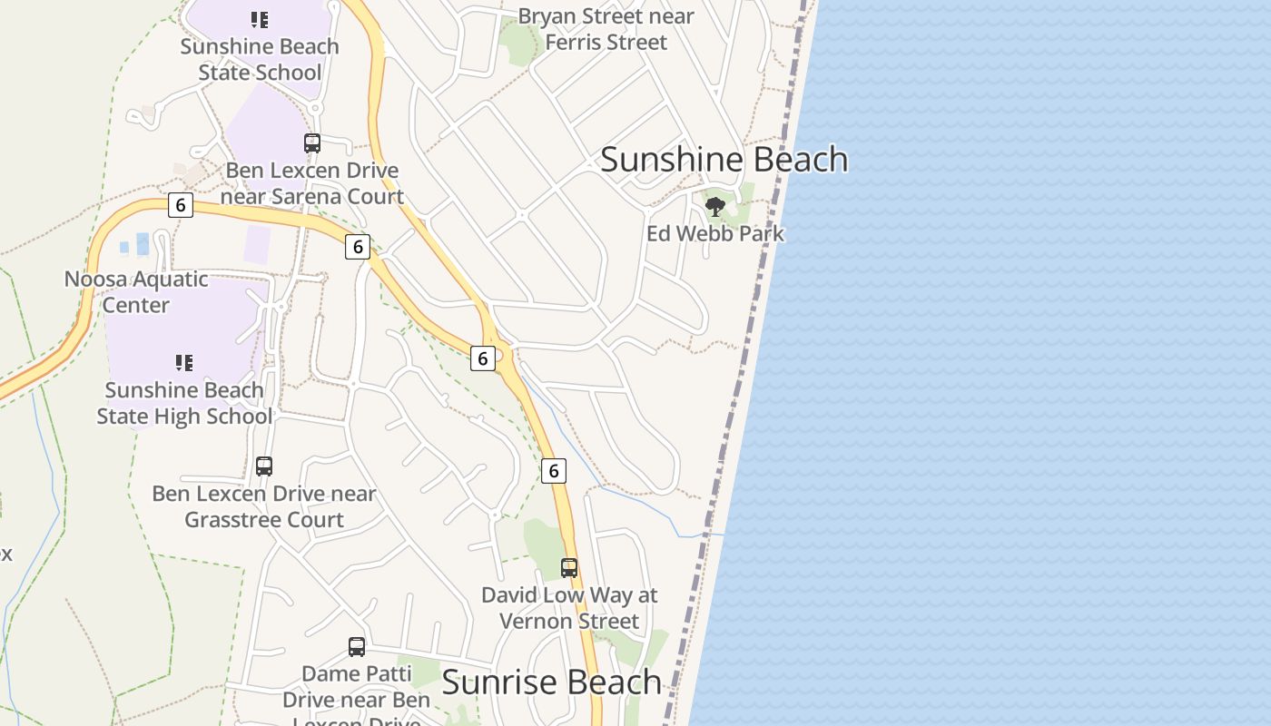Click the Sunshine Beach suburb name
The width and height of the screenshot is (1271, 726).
pyautogui.click(x=724, y=160)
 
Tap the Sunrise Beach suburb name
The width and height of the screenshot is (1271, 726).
pyautogui.click(x=551, y=682)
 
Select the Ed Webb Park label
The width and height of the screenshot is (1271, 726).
pyautogui.click(x=715, y=233)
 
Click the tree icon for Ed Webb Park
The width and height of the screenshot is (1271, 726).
pyautogui.click(x=715, y=207)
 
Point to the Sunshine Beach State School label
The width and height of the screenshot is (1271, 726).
pyautogui.click(x=260, y=59)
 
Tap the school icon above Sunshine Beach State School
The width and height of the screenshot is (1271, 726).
pyautogui.click(x=260, y=19)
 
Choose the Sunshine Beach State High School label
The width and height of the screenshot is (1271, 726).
pyautogui.click(x=184, y=403)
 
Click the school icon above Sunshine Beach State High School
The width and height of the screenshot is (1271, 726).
pyautogui.click(x=184, y=363)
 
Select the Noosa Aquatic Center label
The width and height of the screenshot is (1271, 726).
pyautogui.click(x=135, y=291)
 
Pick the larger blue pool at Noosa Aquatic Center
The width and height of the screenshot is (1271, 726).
pyautogui.click(x=143, y=244)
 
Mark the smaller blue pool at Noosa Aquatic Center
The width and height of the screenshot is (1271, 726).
pyautogui.click(x=124, y=248)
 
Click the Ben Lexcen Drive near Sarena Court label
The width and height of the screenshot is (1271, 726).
pyautogui.click(x=312, y=183)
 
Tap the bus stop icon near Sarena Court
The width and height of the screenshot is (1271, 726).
pyautogui.click(x=312, y=142)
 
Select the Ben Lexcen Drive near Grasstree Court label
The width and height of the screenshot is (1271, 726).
pyautogui.click(x=264, y=506)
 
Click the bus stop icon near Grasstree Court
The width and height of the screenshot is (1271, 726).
pyautogui.click(x=264, y=466)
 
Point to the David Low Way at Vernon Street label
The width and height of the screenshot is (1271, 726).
pyautogui.click(x=569, y=608)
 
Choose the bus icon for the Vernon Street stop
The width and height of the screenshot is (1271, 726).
pyautogui.click(x=569, y=568)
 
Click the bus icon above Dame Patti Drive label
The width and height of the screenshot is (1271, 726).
pyautogui.click(x=357, y=647)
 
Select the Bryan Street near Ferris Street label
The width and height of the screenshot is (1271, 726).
pyautogui.click(x=606, y=29)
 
